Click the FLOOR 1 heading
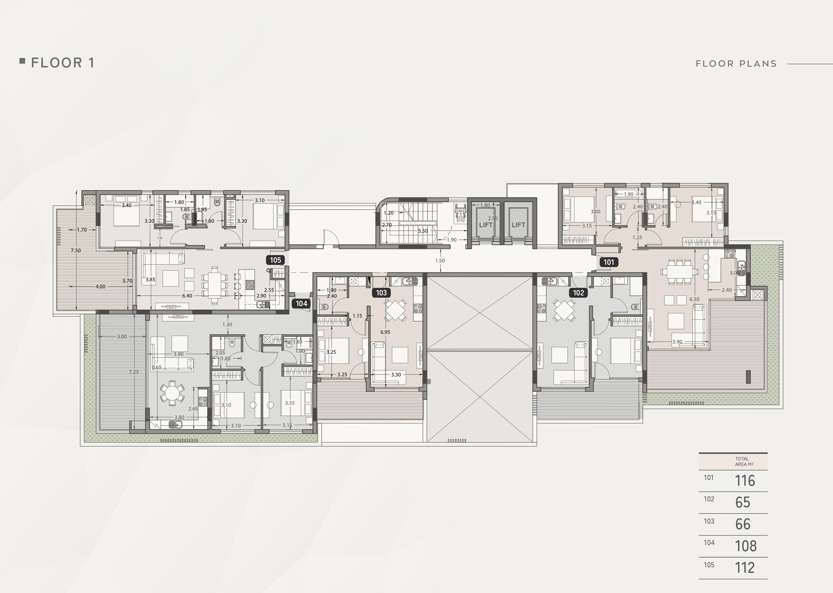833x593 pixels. tap(63, 63)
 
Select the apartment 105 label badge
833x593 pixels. tap(275, 260)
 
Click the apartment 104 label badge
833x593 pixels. tap(301, 303)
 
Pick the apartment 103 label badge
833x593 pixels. tap(381, 292)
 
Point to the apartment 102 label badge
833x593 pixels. tap(579, 292)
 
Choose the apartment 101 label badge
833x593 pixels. tap(609, 262)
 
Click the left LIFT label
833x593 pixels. tap(486, 224)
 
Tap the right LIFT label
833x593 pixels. tap(518, 224)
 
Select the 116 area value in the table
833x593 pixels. tap(744, 480)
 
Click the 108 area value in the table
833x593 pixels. tap(746, 546)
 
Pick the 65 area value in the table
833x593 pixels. tap(743, 503)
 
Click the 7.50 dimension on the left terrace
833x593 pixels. tap(75, 250)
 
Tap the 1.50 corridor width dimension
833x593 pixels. tap(440, 261)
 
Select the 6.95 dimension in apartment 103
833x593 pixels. tap(385, 332)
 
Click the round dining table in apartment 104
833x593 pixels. tap(172, 393)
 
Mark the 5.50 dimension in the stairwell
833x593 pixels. tap(423, 231)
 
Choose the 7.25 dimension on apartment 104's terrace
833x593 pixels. tap(134, 372)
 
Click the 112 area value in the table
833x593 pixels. tap(744, 567)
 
